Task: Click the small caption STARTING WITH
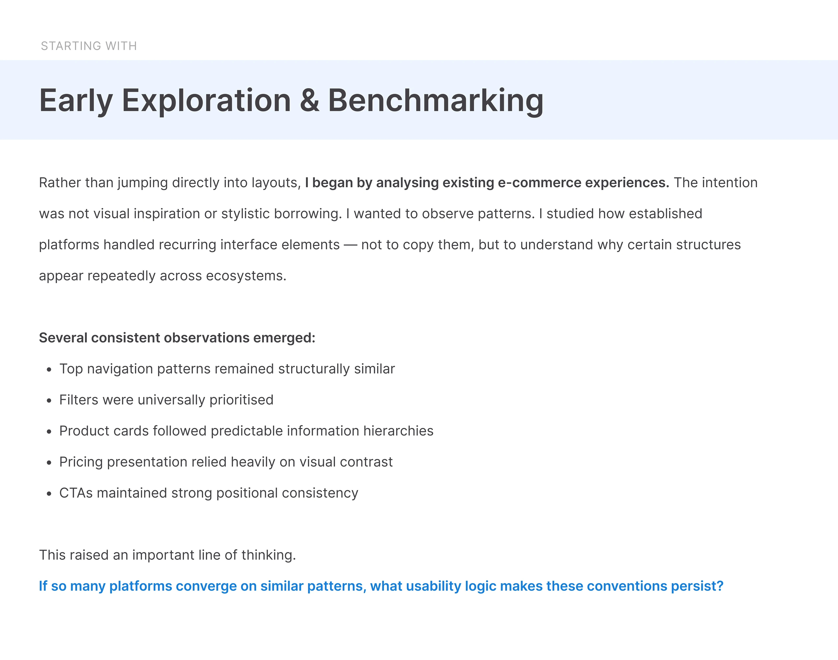(x=89, y=46)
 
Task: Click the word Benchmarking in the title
(x=436, y=101)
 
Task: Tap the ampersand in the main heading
(x=309, y=100)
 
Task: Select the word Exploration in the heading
(x=206, y=101)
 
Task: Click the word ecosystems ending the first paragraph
(x=246, y=276)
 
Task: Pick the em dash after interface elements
(x=350, y=245)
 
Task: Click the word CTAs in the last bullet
(x=76, y=493)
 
